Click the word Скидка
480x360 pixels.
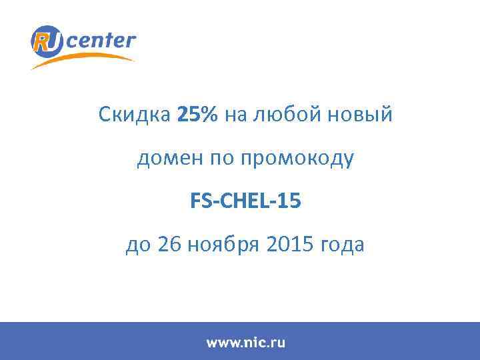[135, 115]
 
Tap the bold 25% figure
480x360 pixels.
[197, 115]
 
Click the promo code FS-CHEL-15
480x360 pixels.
[246, 201]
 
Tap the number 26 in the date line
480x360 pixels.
[169, 245]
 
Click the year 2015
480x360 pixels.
[289, 245]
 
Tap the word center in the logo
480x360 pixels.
[101, 41]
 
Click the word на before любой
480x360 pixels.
[235, 116]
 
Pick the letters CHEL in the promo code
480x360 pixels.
[246, 201]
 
